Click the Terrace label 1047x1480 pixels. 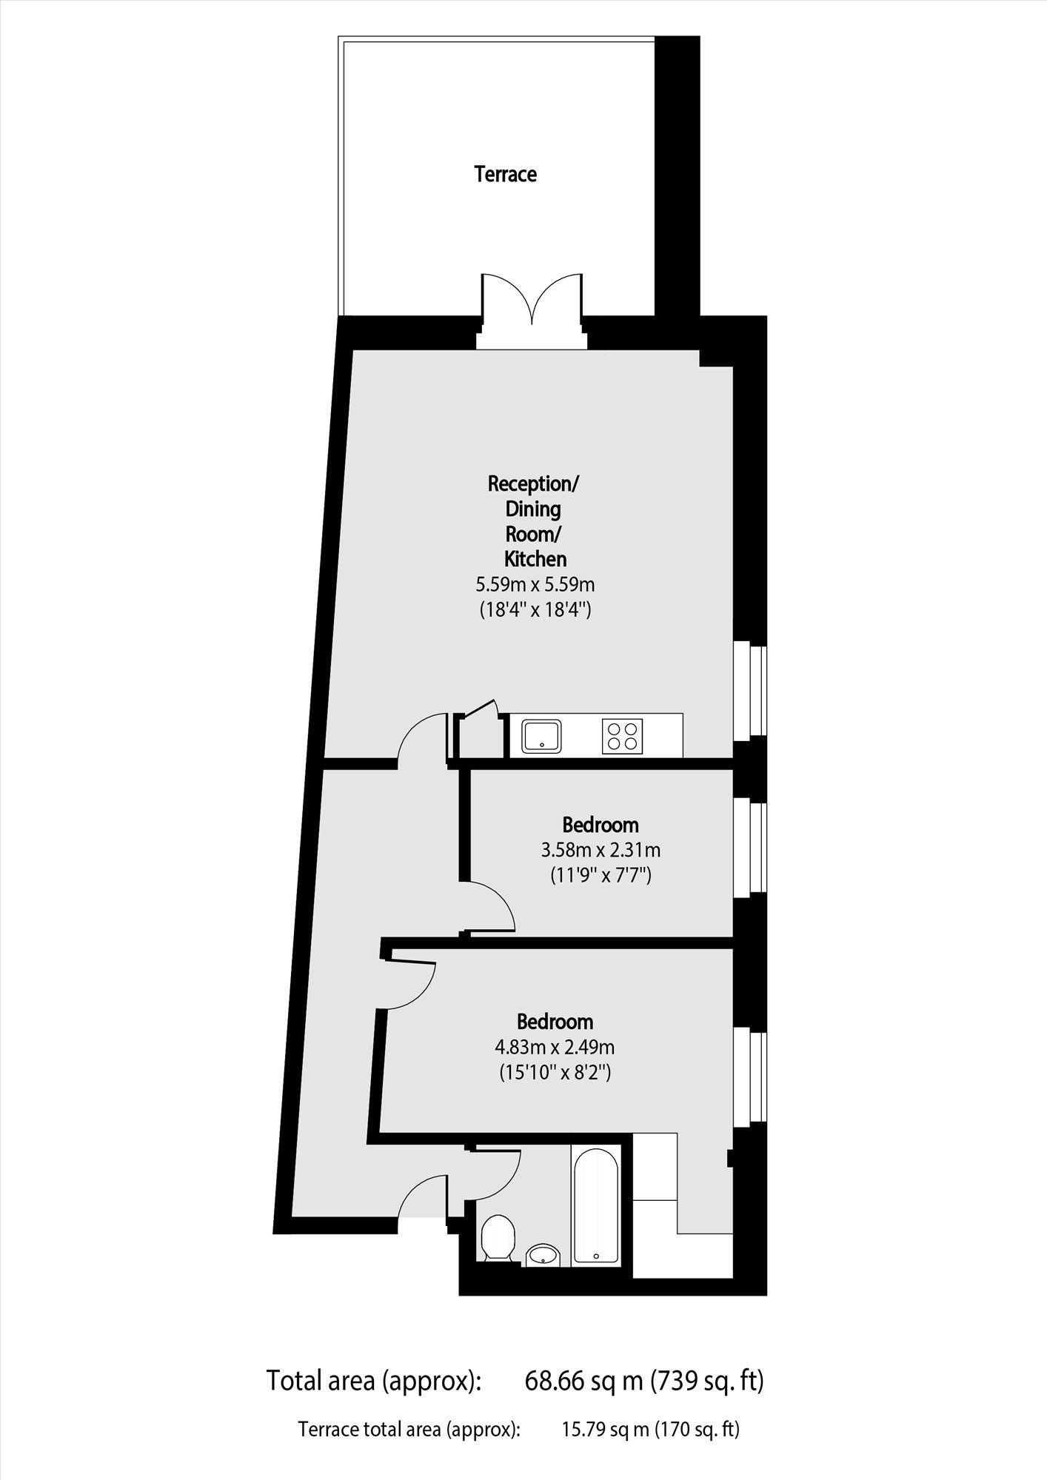506,175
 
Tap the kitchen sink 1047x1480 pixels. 542,736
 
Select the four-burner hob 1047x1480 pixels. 622,736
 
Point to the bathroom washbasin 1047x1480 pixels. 545,1255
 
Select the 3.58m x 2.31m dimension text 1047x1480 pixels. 601,850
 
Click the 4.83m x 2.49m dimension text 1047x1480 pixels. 555,1048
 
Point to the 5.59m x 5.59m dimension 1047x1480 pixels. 535,585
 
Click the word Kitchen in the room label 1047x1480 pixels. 535,559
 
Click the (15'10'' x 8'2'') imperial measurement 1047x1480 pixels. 555,1073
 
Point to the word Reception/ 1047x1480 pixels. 533,484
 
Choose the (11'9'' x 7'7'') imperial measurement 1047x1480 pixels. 601,876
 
